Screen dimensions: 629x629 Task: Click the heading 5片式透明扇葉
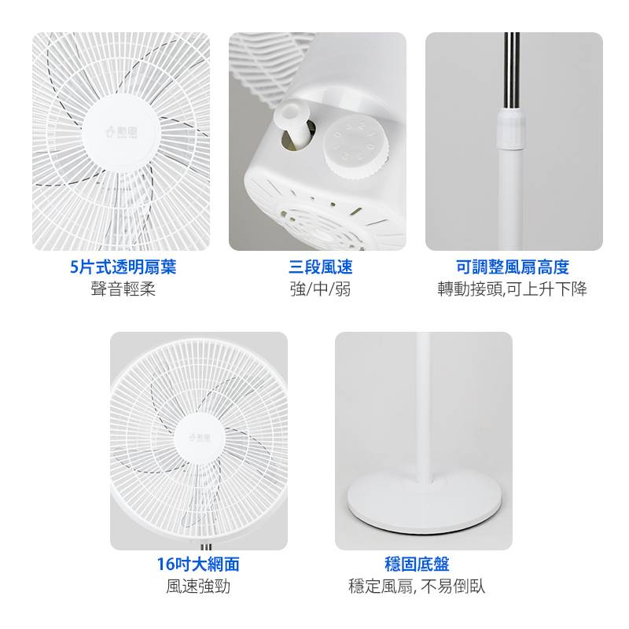pyautogui.click(x=123, y=267)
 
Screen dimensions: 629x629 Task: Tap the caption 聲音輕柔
pyautogui.click(x=123, y=289)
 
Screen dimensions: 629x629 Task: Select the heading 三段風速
pyautogui.click(x=321, y=267)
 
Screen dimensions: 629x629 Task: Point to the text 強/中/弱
pyautogui.click(x=321, y=289)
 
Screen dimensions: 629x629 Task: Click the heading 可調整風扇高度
pyautogui.click(x=513, y=267)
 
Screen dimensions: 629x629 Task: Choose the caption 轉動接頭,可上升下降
pyautogui.click(x=513, y=289)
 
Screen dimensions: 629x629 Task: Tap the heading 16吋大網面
pyautogui.click(x=198, y=564)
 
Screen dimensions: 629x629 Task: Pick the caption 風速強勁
pyautogui.click(x=198, y=586)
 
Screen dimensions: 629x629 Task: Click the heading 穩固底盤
pyautogui.click(x=417, y=564)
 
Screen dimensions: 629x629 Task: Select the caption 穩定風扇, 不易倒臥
pyautogui.click(x=417, y=586)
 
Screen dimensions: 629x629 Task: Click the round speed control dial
pyautogui.click(x=356, y=149)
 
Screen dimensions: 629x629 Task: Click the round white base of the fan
pyautogui.click(x=425, y=503)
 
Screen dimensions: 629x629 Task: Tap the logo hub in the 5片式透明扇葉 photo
pyautogui.click(x=121, y=131)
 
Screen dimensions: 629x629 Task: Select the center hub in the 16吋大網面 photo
pyautogui.click(x=200, y=438)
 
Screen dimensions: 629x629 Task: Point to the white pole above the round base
pyautogui.click(x=425, y=405)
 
